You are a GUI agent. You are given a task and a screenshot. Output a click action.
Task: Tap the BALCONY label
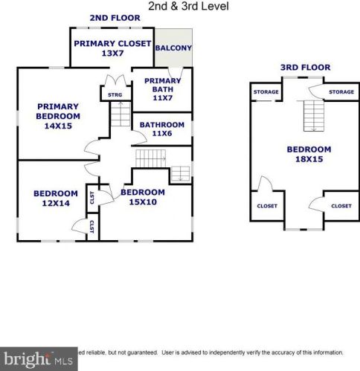click(173, 48)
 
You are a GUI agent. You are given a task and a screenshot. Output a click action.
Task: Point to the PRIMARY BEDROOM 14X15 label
click(57, 117)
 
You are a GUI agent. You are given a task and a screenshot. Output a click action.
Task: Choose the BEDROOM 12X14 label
click(55, 199)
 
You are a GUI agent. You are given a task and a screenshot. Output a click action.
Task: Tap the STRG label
click(115, 94)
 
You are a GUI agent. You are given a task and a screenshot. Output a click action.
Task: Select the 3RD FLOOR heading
click(305, 68)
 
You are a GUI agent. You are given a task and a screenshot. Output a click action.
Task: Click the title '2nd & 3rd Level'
click(187, 6)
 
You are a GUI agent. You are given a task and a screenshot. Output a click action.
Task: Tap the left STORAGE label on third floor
click(266, 92)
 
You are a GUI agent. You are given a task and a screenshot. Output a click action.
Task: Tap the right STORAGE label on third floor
click(341, 92)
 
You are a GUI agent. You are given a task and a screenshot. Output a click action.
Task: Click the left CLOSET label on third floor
click(266, 206)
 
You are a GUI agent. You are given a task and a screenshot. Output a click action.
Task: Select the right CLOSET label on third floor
click(341, 206)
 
